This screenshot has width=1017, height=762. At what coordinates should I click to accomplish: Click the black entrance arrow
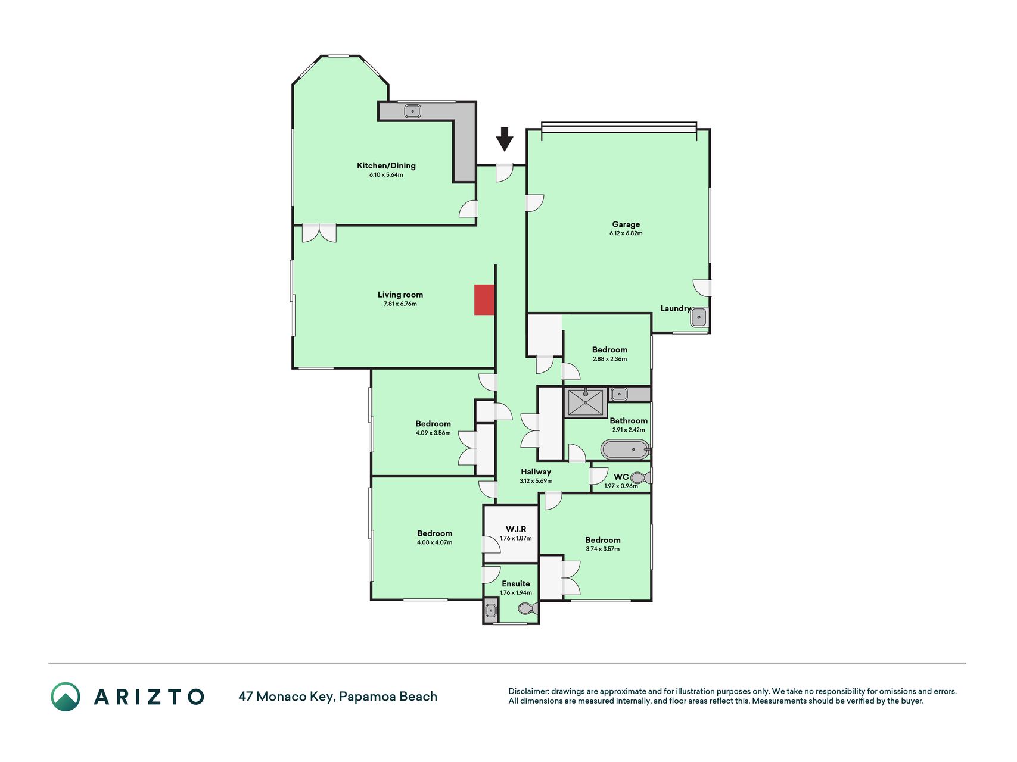(x=505, y=139)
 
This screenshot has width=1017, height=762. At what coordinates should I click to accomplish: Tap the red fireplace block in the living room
(x=484, y=299)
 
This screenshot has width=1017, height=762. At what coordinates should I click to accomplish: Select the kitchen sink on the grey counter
(x=412, y=111)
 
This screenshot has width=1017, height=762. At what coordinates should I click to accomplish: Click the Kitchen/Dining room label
(x=386, y=165)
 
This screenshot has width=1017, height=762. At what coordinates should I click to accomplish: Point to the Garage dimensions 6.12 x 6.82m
(x=626, y=233)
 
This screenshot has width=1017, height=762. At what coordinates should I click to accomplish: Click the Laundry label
(x=675, y=308)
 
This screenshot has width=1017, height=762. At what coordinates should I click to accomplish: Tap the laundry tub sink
(x=699, y=317)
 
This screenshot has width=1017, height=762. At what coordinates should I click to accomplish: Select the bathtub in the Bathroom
(x=625, y=449)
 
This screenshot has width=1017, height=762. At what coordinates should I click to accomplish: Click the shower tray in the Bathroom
(x=586, y=402)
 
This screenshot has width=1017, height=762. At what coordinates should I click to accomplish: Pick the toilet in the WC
(x=640, y=477)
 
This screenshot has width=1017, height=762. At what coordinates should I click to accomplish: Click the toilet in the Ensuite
(x=528, y=608)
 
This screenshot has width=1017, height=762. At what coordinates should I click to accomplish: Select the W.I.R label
(x=516, y=529)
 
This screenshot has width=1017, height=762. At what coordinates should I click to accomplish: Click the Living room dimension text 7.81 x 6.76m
(x=400, y=304)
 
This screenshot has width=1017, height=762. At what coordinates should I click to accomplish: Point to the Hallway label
(x=536, y=471)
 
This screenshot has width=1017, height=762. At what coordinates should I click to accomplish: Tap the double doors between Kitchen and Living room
(x=319, y=233)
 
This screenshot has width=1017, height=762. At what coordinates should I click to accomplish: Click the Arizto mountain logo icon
(x=66, y=697)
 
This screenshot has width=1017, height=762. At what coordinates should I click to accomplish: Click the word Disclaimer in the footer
(x=528, y=691)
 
